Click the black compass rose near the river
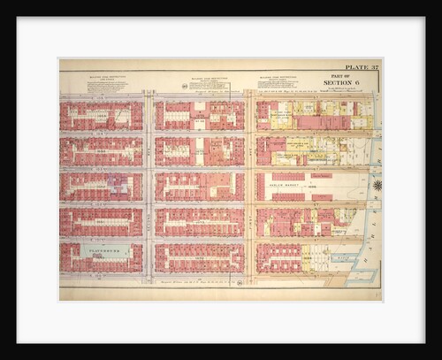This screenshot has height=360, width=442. pyautogui.click(x=377, y=186)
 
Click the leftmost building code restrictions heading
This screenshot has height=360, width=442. pyautogui.click(x=103, y=78)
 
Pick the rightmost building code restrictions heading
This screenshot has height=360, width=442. pyautogui.click(x=284, y=78)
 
